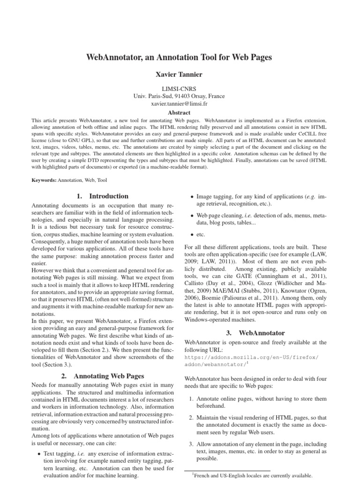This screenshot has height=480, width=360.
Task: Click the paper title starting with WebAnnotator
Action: click(x=180, y=57)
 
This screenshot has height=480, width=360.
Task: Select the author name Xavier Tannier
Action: click(x=180, y=74)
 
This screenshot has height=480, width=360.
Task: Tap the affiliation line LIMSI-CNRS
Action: click(x=180, y=88)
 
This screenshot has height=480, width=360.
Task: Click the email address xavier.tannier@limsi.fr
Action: click(x=180, y=104)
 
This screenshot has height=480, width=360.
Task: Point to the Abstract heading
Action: click(x=180, y=113)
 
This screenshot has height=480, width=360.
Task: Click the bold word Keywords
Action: click(x=43, y=180)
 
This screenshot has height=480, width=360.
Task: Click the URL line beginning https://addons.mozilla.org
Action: click(x=252, y=357)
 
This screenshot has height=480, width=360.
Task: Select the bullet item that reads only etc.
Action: click(x=201, y=233)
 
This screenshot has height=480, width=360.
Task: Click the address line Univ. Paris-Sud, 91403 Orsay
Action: click(x=180, y=96)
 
